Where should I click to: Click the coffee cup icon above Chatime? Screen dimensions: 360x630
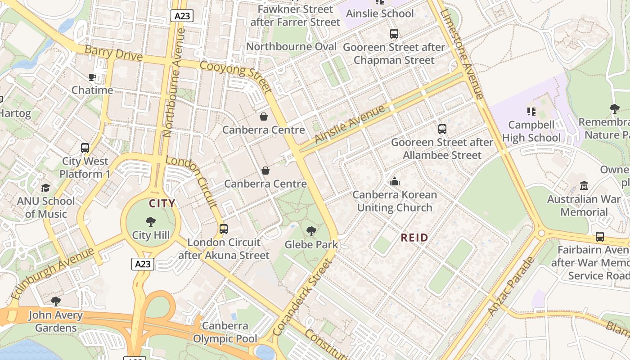pyautogui.click(x=92, y=77)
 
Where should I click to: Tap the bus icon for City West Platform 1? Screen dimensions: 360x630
pyautogui.click(x=85, y=148)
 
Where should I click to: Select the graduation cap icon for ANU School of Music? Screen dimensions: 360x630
pyautogui.click(x=45, y=188)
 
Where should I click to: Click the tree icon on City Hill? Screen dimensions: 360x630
pyautogui.click(x=151, y=221)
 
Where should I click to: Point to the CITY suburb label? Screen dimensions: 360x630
pyautogui.click(x=162, y=203)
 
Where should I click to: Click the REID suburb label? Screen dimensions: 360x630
pyautogui.click(x=414, y=238)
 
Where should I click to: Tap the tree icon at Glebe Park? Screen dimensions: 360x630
pyautogui.click(x=311, y=231)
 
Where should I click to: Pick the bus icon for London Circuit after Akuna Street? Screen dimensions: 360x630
pyautogui.click(x=224, y=229)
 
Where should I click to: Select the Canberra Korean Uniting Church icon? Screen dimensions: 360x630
pyautogui.click(x=395, y=181)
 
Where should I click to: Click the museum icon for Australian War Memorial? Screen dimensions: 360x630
pyautogui.click(x=584, y=185)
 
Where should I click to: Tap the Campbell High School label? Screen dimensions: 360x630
pyautogui.click(x=531, y=131)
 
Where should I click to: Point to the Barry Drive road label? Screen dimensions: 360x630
pyautogui.click(x=113, y=53)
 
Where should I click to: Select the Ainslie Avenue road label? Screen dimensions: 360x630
pyautogui.click(x=350, y=124)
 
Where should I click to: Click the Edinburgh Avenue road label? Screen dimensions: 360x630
pyautogui.click(x=52, y=273)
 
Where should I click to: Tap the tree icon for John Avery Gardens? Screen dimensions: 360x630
pyautogui.click(x=56, y=301)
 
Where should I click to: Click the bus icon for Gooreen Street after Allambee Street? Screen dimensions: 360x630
pyautogui.click(x=442, y=129)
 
